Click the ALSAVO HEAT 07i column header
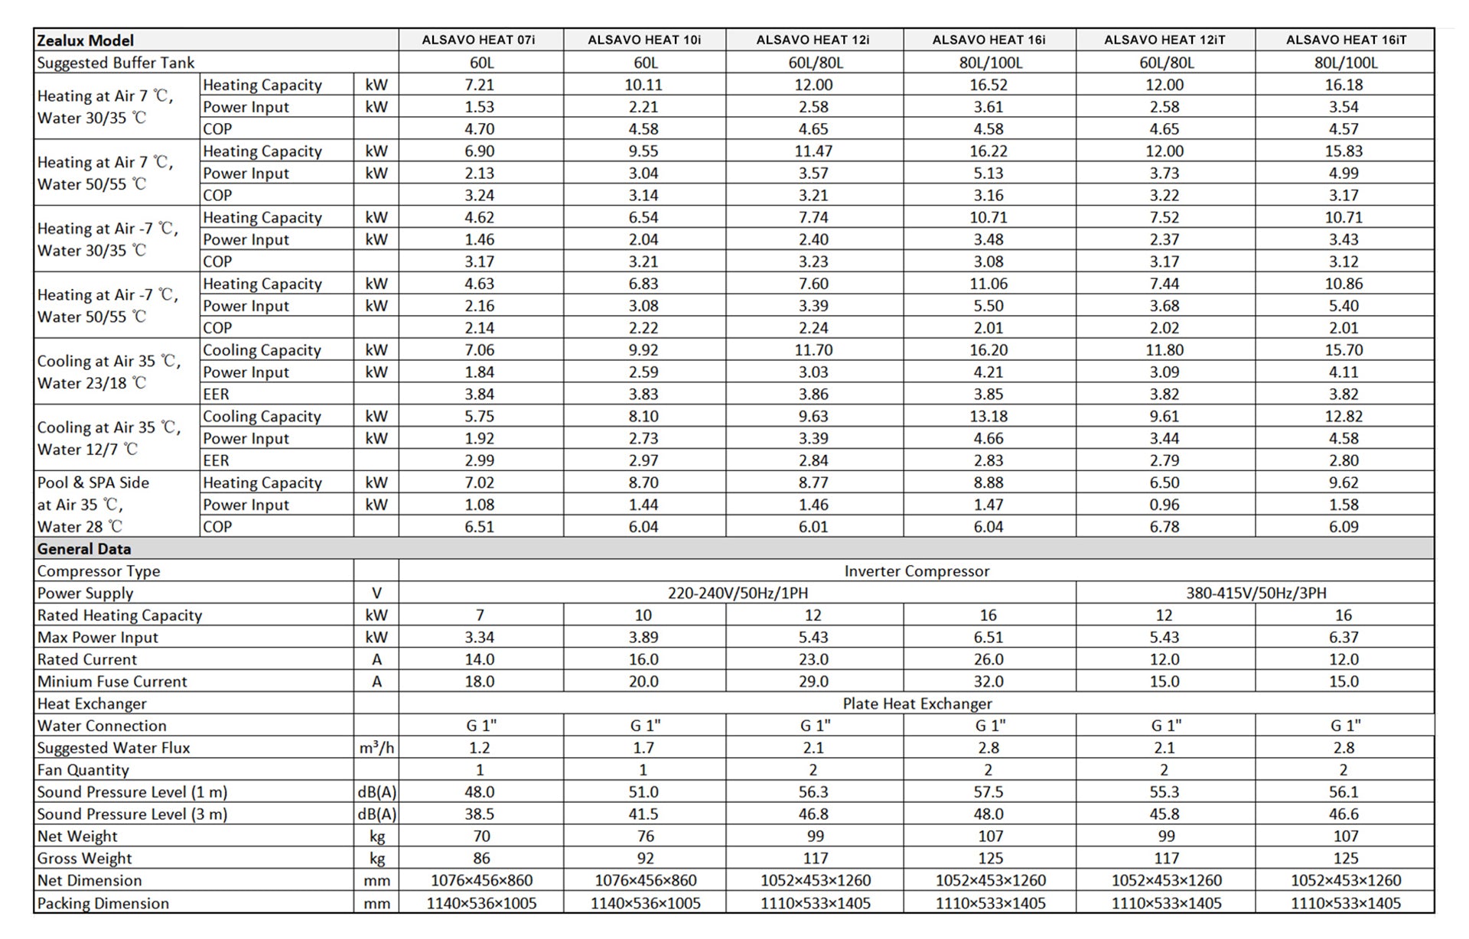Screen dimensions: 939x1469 [x=479, y=40]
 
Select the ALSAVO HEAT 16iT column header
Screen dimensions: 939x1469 [x=1345, y=40]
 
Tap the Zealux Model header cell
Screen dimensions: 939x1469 [x=86, y=41]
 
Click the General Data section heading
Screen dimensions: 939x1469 [x=84, y=549]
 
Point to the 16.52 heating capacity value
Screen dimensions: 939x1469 [x=989, y=85]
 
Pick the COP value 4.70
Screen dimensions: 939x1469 [x=480, y=129]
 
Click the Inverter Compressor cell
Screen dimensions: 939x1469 [x=916, y=571]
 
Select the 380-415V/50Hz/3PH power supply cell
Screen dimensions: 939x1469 [x=1256, y=593]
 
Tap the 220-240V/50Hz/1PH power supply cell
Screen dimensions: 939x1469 [x=738, y=593]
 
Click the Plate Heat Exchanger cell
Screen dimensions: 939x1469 [x=917, y=703]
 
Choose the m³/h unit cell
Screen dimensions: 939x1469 [x=376, y=748]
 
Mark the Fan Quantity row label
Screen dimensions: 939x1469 [x=83, y=770]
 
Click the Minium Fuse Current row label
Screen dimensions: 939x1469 [x=112, y=681]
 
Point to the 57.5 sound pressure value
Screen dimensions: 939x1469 [x=989, y=792]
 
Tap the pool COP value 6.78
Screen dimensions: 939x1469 [x=1164, y=527]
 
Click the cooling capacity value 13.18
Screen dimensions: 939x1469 [x=989, y=417]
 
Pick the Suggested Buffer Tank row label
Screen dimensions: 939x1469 [x=116, y=63]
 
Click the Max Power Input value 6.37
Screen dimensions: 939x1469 [x=1344, y=638]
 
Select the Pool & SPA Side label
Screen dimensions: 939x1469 [x=93, y=483]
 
